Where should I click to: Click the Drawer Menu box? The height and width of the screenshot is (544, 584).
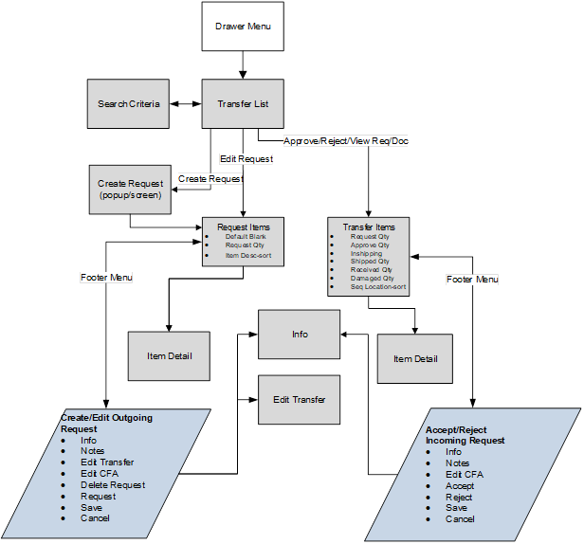pyautogui.click(x=244, y=27)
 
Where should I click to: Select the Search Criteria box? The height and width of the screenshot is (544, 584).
pyautogui.click(x=129, y=103)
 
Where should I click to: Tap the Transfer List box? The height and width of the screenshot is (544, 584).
pyautogui.click(x=244, y=103)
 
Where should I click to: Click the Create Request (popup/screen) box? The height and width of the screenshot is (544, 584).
pyautogui.click(x=129, y=188)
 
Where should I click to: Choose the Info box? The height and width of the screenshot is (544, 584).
pyautogui.click(x=300, y=334)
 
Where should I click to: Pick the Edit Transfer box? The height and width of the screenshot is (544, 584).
pyautogui.click(x=300, y=399)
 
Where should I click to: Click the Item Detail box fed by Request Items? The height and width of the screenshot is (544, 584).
pyautogui.click(x=169, y=355)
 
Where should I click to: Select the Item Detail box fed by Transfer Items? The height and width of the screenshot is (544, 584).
pyautogui.click(x=414, y=358)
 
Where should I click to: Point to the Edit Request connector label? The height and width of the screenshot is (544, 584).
pyautogui.click(x=246, y=159)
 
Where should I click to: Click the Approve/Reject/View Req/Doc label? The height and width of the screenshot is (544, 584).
pyautogui.click(x=345, y=141)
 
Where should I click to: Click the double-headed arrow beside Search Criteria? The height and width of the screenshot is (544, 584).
pyautogui.click(x=186, y=103)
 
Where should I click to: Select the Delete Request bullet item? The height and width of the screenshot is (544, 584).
pyautogui.click(x=113, y=484)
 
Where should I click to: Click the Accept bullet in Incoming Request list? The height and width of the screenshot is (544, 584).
pyautogui.click(x=460, y=486)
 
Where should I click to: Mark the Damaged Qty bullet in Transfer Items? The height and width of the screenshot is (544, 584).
pyautogui.click(x=372, y=278)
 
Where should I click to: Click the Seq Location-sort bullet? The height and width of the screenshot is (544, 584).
pyautogui.click(x=377, y=286)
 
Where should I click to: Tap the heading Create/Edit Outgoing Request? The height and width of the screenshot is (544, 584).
pyautogui.click(x=106, y=423)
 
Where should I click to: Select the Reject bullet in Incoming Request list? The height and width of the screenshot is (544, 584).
pyautogui.click(x=459, y=498)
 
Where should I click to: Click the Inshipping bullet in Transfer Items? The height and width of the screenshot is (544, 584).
pyautogui.click(x=367, y=253)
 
